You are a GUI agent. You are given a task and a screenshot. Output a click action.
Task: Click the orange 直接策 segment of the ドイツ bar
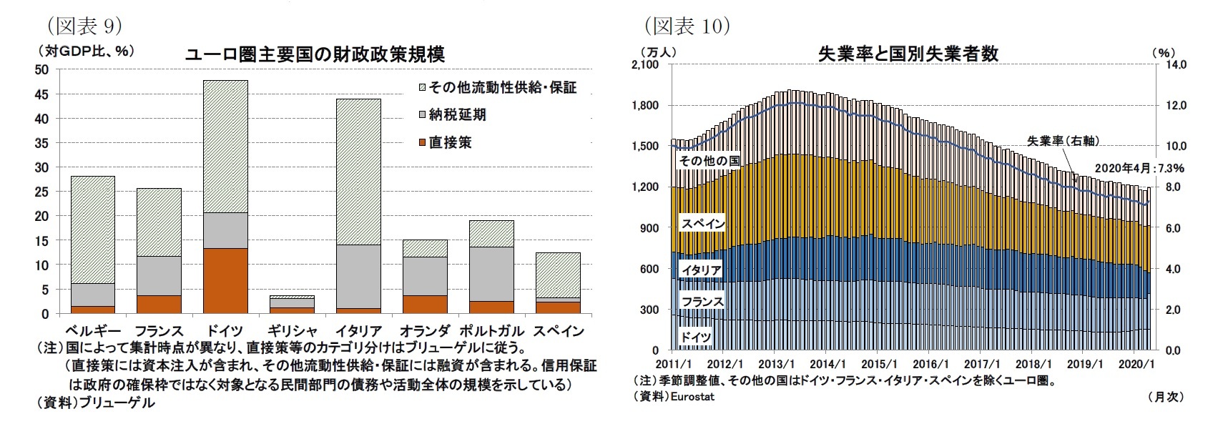click(x=225, y=281)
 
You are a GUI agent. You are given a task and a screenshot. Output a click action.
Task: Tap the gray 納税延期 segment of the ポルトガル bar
click(x=491, y=274)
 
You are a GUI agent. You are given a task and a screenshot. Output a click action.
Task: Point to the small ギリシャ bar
click(x=293, y=305)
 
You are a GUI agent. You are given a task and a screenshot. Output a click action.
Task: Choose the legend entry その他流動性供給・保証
click(x=496, y=87)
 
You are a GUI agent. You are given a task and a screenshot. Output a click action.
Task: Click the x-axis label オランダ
click(x=426, y=331)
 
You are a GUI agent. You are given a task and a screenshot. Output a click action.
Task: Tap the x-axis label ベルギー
click(x=92, y=331)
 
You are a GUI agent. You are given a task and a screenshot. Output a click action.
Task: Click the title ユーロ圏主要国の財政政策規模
click(x=315, y=54)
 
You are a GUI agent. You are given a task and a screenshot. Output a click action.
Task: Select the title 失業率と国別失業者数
click(x=908, y=54)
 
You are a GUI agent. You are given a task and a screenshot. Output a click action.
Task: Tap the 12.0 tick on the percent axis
click(x=1177, y=106)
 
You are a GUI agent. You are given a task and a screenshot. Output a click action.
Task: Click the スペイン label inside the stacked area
click(x=702, y=224)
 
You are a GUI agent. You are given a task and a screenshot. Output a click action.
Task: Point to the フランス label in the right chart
click(x=702, y=302)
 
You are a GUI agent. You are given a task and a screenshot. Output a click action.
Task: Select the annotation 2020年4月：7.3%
click(x=1140, y=168)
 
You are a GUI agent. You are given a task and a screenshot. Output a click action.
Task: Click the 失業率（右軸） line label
click(x=1063, y=141)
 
